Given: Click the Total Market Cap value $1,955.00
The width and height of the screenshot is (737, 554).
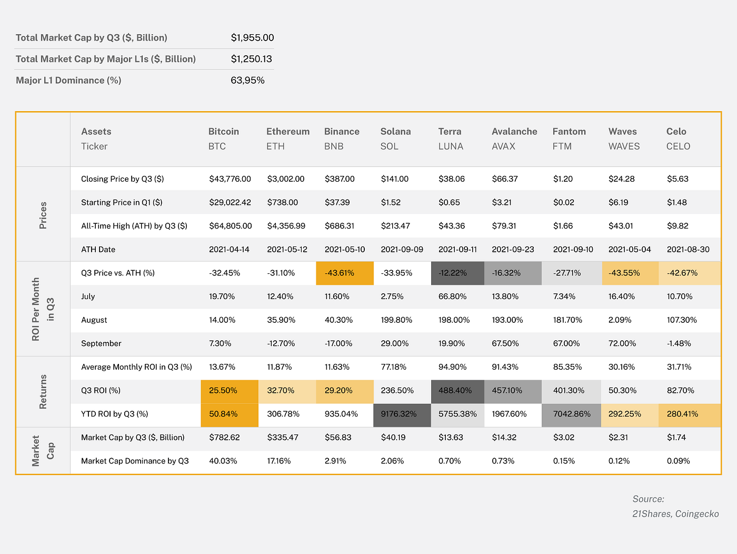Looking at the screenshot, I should click(252, 38).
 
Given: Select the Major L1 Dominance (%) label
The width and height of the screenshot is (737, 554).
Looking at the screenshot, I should click(68, 81).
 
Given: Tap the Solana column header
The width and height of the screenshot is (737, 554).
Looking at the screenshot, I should click(395, 132).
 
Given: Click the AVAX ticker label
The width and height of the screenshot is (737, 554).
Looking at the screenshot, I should click(503, 146).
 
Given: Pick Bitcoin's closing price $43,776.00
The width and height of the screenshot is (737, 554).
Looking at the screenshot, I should click(230, 179).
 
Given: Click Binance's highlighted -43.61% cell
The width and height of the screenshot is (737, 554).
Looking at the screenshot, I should click(340, 273).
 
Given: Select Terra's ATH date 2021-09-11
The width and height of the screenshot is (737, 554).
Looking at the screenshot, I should click(457, 250).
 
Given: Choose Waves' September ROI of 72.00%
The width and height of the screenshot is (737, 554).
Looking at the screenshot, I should click(622, 344).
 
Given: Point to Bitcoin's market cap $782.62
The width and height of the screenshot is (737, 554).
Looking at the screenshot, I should click(224, 438).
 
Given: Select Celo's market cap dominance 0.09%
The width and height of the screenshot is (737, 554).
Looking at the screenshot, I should click(678, 461).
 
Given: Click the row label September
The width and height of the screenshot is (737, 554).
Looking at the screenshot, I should click(101, 344).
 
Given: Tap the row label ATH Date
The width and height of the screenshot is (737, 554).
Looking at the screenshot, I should click(98, 250).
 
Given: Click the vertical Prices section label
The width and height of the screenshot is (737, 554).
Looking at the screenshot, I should click(43, 215).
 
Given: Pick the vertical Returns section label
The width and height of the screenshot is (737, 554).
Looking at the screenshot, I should click(43, 391).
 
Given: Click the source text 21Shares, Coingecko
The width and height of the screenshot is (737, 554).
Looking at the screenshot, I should click(675, 514).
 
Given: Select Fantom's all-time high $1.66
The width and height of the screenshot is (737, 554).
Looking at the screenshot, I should click(563, 226).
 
